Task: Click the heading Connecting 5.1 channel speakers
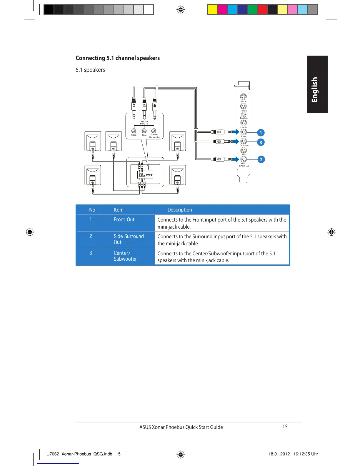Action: coord(118,58)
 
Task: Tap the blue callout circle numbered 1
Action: coord(261,133)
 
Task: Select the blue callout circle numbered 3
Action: coord(261,142)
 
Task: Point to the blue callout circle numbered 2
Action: coord(261,159)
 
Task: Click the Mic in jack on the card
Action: coord(244,96)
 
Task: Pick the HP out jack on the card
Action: coord(244,106)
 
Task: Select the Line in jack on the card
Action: coord(244,123)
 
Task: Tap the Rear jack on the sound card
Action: coord(244,150)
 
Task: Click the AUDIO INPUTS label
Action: coord(144,123)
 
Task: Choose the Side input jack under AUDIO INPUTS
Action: coord(144,131)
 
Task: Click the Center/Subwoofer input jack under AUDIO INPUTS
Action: coord(154,131)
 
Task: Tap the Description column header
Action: coord(180,210)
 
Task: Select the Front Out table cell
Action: coord(124,219)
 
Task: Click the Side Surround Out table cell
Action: coord(129,239)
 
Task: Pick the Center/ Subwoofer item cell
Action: coord(125,256)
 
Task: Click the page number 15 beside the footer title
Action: coord(285,427)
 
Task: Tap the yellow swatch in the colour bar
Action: coord(212,10)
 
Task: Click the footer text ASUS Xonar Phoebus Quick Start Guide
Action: coord(181,427)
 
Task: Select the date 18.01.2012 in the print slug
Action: coord(279,454)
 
